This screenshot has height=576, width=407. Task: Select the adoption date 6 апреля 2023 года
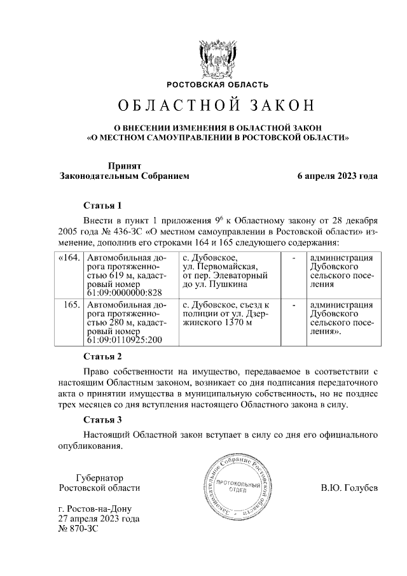point(338,176)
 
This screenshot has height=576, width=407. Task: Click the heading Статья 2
point(102,356)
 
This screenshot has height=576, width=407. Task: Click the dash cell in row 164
point(293,257)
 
